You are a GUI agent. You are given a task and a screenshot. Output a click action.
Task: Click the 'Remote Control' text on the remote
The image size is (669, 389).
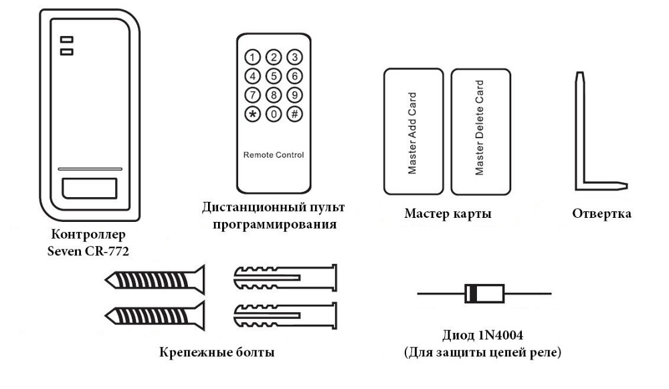tap(273, 155)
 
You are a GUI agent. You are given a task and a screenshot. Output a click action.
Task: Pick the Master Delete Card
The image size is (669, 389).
tap(479, 130)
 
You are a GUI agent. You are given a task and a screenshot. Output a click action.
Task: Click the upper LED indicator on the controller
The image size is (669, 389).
tap(66, 39)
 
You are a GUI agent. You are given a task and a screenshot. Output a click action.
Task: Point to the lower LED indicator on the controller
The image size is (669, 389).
tap(66, 51)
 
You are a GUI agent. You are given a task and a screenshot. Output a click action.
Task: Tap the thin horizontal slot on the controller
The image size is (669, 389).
tap(89, 169)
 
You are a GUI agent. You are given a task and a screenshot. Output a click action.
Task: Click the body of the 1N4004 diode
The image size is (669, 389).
tap(484, 293)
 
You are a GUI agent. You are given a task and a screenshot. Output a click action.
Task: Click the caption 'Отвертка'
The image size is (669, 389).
tap(602, 215)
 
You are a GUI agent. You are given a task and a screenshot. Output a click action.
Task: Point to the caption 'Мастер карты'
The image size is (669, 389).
tap(448, 215)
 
